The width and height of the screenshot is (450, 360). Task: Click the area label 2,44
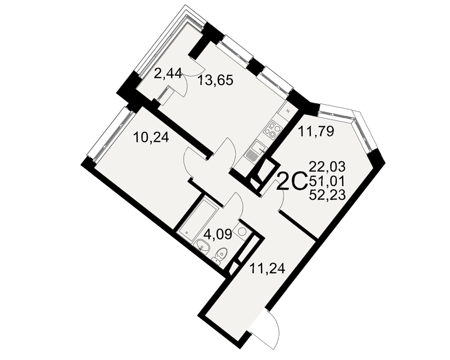[168, 74]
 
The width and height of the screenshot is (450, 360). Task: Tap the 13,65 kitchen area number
[215, 80]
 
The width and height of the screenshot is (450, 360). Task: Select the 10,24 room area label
[152, 138]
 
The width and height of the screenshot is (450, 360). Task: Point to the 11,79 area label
[316, 131]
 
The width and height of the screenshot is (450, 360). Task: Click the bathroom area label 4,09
[217, 235]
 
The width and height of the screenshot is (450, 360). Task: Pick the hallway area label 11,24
[267, 269]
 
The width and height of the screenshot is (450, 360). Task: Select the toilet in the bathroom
[220, 255]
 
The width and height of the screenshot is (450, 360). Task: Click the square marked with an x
[288, 110]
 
